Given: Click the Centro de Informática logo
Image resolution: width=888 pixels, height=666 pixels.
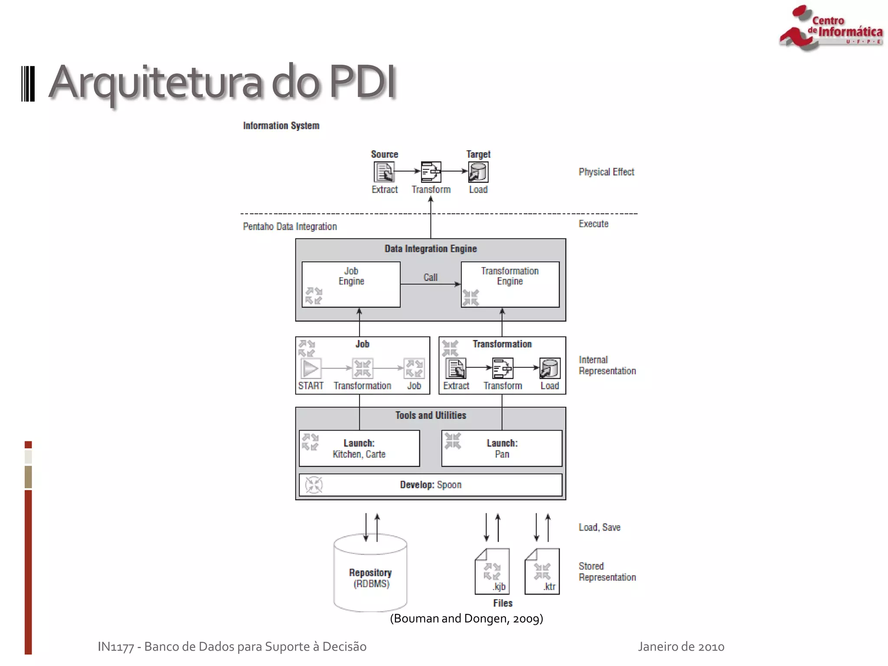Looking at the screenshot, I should click(830, 28).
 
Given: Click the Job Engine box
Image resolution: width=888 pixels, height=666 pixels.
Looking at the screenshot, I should click(351, 284).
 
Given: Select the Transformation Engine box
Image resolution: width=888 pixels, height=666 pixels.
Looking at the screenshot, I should click(510, 284).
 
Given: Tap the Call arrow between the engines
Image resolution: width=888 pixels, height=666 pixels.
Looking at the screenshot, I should click(430, 284).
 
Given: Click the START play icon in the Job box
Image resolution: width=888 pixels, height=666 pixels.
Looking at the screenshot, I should click(310, 369).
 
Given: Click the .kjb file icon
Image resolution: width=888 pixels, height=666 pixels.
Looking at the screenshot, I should click(492, 571).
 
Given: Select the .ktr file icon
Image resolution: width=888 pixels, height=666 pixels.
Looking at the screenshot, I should click(542, 571).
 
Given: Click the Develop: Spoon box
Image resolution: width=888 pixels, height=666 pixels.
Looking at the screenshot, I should click(431, 485).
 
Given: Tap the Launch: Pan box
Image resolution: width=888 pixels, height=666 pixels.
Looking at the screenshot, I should click(502, 448).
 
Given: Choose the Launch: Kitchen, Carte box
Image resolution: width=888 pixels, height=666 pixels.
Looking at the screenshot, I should click(359, 448).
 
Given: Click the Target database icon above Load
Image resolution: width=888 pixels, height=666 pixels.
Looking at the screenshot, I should click(478, 172).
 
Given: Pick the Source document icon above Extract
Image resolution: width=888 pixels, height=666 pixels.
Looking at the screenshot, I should click(384, 172).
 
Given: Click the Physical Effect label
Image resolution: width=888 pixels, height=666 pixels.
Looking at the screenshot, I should click(606, 172).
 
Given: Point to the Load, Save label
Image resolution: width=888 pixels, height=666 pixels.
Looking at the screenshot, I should click(599, 527).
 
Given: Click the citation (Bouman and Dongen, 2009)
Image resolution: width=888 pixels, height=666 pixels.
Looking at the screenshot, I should click(466, 618).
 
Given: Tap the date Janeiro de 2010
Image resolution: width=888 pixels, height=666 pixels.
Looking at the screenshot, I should click(681, 646).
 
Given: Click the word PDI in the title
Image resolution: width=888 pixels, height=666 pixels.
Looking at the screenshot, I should click(362, 82).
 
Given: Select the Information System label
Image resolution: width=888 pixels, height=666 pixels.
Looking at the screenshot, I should click(281, 126).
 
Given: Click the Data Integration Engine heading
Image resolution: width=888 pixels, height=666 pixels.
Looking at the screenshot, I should click(431, 249).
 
